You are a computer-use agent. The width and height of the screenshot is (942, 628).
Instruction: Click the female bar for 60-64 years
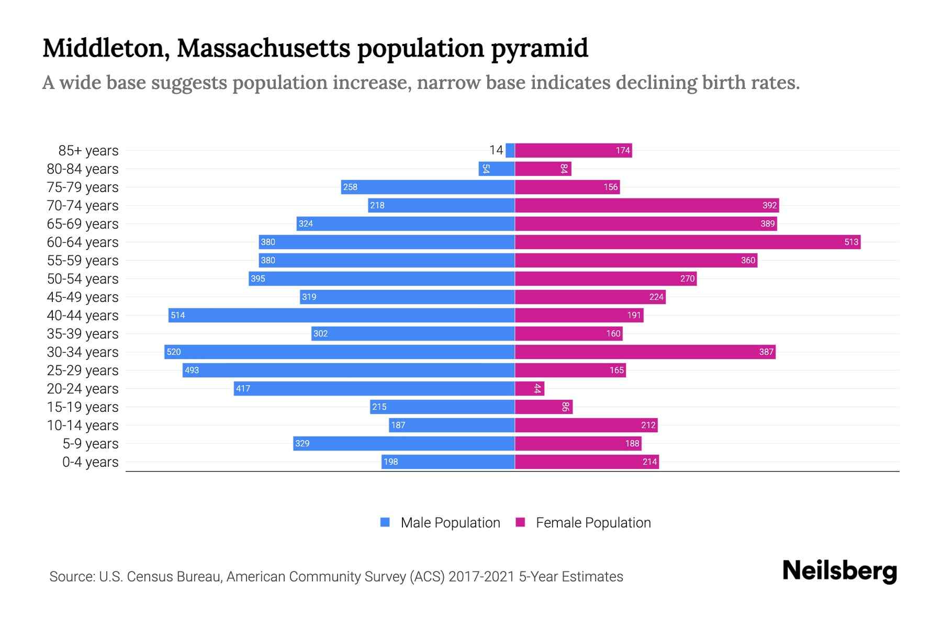pos(687,242)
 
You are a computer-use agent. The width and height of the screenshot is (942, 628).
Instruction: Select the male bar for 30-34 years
pos(339,352)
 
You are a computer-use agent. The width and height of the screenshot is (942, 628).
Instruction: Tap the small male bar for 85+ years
pos(510,150)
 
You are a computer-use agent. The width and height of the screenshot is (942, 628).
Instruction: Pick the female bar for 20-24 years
pos(529,388)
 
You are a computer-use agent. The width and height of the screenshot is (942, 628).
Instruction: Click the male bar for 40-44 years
pos(341,315)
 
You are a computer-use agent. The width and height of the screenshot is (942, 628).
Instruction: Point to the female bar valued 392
pos(646,205)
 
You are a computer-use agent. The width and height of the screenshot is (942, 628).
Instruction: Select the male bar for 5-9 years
pos(403,443)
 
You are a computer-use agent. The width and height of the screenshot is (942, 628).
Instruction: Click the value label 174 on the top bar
pos(622,151)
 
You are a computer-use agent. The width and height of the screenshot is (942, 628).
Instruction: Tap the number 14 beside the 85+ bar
pos(496,150)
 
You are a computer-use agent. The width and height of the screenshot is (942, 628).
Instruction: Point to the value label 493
pos(192,370)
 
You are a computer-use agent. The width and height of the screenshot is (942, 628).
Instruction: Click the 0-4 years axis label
pos(90,462)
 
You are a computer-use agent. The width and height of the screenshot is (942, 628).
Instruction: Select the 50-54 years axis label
pos(83,279)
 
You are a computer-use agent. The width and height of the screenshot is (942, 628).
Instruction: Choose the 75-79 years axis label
pos(83,187)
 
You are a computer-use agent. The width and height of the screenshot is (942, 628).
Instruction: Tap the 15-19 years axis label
pos(83,407)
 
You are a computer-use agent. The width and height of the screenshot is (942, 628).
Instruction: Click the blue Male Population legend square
pos(385,522)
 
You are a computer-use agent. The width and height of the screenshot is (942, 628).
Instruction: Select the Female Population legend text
pos(593,523)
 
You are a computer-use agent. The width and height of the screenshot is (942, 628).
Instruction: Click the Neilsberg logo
pos(839,571)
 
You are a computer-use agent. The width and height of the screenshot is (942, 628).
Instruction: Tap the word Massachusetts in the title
pos(264,48)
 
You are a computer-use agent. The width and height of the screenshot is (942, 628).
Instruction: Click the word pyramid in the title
pos(540,48)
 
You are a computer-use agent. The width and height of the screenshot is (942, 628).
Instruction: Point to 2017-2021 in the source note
pos(481,577)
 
